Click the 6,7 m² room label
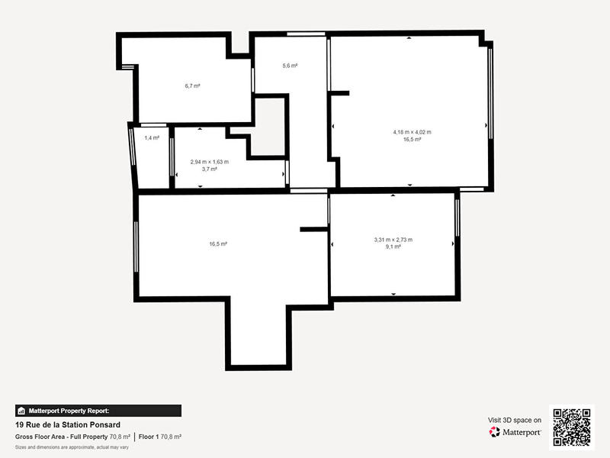tap(192, 86)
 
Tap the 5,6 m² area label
tap(290, 66)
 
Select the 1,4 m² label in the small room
tap(152, 138)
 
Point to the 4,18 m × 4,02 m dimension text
tap(412, 132)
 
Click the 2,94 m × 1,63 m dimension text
tap(209, 162)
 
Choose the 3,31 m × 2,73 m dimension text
tap(393, 240)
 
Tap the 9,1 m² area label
tap(393, 247)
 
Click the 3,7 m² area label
tap(209, 169)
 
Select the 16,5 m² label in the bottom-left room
tap(218, 244)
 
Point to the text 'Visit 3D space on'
tap(515, 420)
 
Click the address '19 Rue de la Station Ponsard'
tap(68, 425)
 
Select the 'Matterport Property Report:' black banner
tap(98, 411)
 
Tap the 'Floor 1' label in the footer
tap(149, 437)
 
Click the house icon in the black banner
tap(22, 411)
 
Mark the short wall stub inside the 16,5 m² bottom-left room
tap(313, 228)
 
